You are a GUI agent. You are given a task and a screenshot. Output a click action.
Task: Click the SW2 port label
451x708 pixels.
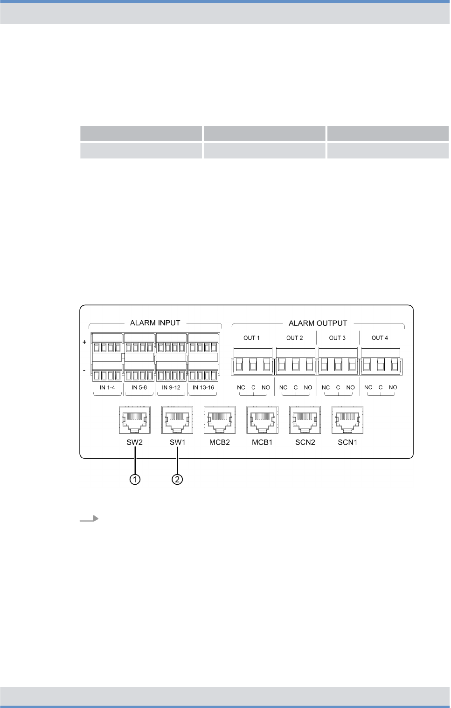pos(134,442)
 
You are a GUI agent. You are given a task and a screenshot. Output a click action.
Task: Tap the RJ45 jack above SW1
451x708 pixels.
pos(177,420)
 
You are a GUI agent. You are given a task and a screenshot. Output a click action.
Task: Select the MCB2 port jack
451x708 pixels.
pos(220,420)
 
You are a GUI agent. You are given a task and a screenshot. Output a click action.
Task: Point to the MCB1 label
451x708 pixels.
pos(262,442)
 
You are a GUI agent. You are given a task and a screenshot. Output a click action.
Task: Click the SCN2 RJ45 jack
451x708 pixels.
pos(305,420)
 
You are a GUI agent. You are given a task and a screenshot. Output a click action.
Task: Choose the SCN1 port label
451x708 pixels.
pos(347,442)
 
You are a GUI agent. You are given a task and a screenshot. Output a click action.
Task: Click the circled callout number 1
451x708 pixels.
pos(135,479)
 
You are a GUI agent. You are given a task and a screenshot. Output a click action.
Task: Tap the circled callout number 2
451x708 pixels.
pos(178,479)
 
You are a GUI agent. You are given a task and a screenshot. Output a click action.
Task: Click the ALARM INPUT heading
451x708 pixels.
pos(155,323)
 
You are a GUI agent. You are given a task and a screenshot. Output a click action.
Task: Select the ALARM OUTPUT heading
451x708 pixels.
pos(318,323)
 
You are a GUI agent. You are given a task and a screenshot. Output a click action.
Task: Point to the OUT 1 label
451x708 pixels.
pos(251,338)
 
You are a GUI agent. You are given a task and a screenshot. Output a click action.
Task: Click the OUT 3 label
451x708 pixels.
pos(337,338)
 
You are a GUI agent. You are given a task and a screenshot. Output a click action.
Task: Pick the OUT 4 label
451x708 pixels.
pos(380,338)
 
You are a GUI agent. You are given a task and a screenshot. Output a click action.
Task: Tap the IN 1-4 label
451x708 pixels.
pos(107,387)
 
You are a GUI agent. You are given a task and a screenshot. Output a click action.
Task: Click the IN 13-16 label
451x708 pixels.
pos(203,387)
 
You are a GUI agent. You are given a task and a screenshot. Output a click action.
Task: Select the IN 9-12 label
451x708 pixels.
pos(171,387)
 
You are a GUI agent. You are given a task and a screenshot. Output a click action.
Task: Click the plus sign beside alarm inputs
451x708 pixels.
pos(84,342)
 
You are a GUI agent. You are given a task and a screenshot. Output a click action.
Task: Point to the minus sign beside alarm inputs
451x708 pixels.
pos(84,370)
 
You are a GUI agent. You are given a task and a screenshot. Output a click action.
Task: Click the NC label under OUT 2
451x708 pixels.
pos(283,387)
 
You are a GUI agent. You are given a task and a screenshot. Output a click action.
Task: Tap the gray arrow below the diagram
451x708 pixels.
pos(89,518)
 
